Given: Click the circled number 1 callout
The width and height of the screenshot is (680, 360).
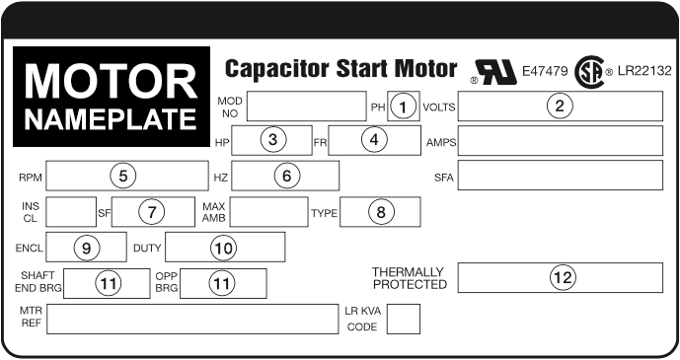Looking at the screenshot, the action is point(403,107).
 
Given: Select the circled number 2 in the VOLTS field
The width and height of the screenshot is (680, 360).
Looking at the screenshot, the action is point(560,106).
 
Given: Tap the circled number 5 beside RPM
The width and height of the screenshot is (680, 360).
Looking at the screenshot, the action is point(123,176).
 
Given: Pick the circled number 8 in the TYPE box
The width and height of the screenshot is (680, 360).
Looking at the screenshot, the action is point(380,212).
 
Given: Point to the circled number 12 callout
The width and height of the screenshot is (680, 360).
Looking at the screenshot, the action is point(563,277).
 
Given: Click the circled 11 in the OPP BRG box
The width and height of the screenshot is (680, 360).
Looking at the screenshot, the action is point(222,283).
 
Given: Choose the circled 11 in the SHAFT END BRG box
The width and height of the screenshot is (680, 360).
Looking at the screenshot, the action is point(108,283).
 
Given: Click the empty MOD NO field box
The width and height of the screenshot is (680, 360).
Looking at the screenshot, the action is point(307,107).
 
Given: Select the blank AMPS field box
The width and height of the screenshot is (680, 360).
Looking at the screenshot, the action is point(561,140).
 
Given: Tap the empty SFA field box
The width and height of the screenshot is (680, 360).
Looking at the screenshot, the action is point(561,175).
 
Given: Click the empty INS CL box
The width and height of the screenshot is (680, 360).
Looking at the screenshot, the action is point(71,212).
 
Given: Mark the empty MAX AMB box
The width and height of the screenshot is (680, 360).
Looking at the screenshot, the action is point(268,212).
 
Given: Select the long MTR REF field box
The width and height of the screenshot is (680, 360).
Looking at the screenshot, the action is point(192,320).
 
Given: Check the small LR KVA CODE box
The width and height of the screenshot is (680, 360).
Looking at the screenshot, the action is point(404,320).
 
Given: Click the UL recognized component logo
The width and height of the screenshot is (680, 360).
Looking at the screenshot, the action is point(494,72).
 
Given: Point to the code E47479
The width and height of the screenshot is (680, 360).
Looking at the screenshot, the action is point(545,71).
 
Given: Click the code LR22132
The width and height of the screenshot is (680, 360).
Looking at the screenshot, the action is point(644,71).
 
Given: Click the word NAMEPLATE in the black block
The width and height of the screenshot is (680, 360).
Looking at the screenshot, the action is point(111,119).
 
